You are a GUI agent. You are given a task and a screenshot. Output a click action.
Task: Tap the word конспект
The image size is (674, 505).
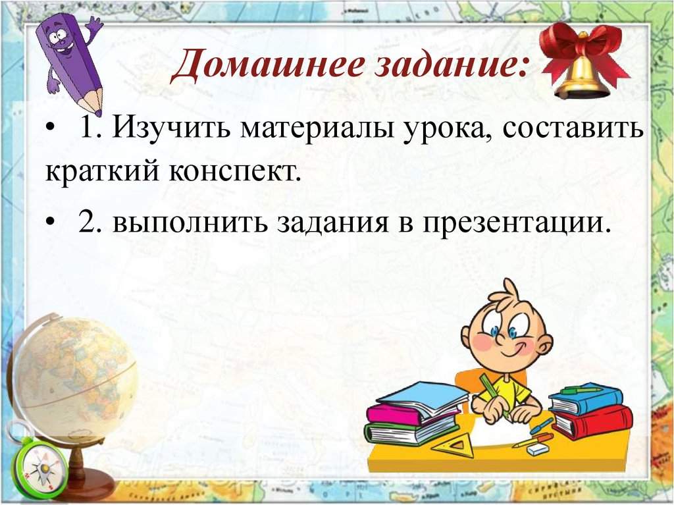point(236,172)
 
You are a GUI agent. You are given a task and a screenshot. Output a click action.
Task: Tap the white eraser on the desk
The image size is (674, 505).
point(538,448)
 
